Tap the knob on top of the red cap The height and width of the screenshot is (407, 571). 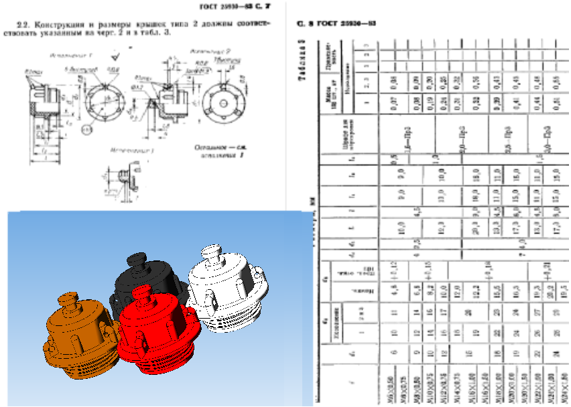tap(142, 293)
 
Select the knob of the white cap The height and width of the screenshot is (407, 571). tap(212, 253)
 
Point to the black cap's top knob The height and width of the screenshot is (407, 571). tap(137, 259)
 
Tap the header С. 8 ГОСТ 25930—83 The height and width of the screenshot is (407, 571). tap(336, 23)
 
